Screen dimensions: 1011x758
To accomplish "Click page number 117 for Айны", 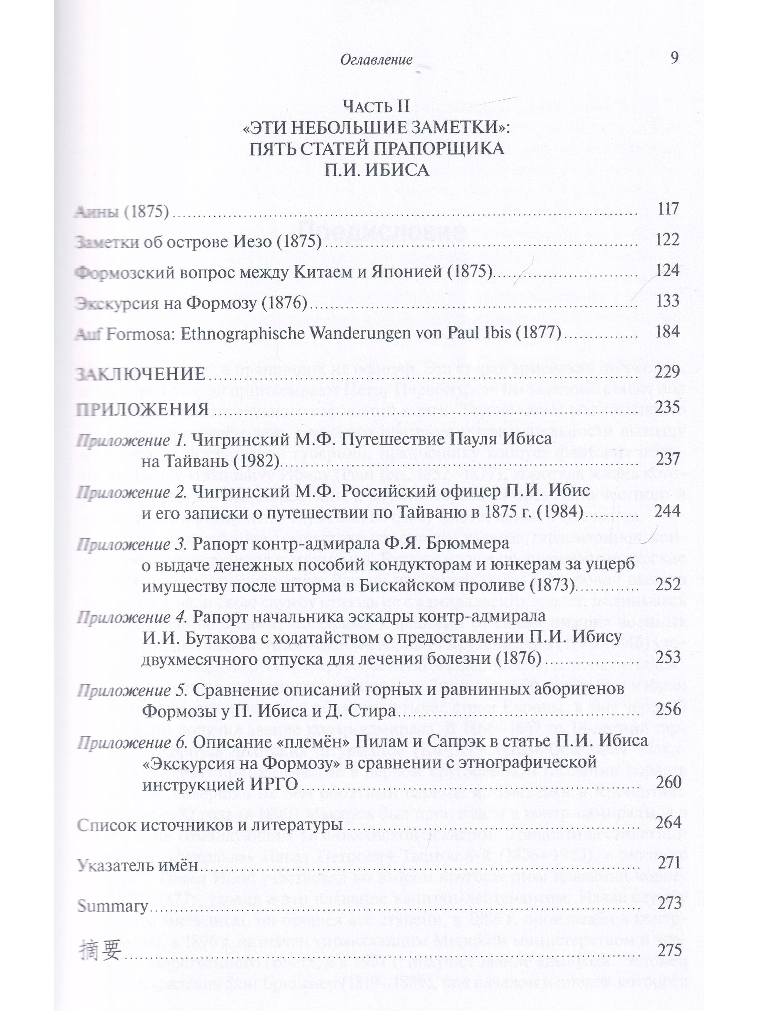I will (668, 209).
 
